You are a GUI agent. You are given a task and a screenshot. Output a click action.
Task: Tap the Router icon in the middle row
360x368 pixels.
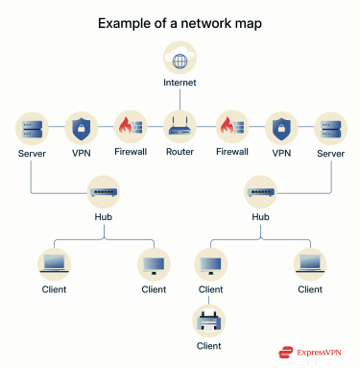[x=180, y=127]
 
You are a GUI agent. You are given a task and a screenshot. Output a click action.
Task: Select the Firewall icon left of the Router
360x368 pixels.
[x=130, y=127]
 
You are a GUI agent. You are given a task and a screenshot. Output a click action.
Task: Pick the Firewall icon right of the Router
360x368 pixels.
[x=229, y=127]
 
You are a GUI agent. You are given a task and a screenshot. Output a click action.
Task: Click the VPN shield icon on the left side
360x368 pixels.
[x=81, y=127]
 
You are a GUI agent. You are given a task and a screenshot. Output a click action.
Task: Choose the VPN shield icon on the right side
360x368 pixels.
[x=280, y=127]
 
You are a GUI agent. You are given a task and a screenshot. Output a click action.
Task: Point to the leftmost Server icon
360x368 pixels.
[x=32, y=127]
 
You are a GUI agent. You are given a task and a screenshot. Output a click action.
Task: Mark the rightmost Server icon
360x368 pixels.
[x=329, y=127]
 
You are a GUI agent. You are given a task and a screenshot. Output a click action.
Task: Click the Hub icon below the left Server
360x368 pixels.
[x=104, y=191]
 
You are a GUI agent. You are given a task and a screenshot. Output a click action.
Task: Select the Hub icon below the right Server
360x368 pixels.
[x=258, y=191]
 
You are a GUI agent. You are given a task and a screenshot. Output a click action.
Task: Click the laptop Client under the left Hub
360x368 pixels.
[x=54, y=261]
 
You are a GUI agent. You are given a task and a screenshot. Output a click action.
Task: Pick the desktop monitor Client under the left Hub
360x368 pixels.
[x=154, y=261]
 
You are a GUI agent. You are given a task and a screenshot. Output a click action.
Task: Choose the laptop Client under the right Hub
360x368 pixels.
[x=309, y=261]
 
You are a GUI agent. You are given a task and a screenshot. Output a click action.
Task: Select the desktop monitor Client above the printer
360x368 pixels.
[x=208, y=261]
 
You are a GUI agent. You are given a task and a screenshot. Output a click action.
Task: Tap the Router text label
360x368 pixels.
[x=180, y=153]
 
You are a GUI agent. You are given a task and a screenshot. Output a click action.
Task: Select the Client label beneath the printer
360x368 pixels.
[x=208, y=344]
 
